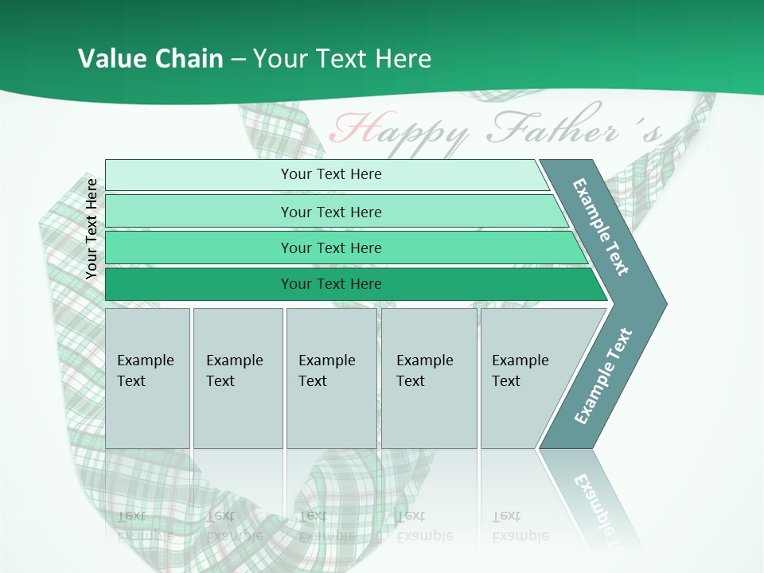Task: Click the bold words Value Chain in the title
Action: point(150,58)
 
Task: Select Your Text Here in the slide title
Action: point(342,58)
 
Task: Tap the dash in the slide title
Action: point(237,59)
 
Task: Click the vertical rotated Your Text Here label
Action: point(92,228)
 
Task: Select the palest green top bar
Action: point(330,174)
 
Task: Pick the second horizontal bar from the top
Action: point(330,212)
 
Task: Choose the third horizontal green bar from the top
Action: point(330,248)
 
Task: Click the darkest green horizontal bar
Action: point(330,284)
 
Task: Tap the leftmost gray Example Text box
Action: point(147,378)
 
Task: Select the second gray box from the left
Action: point(237,378)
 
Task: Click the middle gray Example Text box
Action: point(331,378)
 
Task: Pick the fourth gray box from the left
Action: point(429,378)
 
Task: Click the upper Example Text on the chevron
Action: point(601,227)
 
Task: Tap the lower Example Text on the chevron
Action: point(602,376)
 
